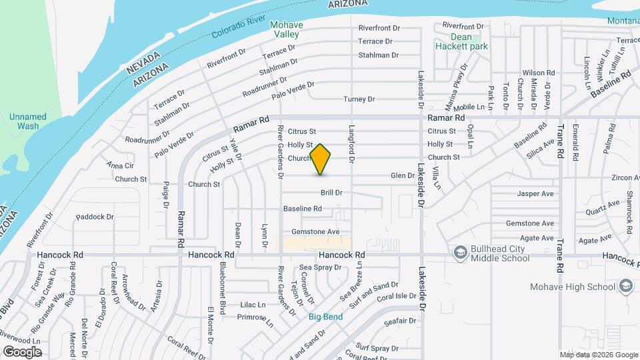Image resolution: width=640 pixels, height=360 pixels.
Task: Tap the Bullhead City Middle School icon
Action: click(460, 253)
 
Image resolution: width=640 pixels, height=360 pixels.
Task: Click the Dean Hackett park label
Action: click(461, 41)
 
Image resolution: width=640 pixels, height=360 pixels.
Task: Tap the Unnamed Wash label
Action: click(28, 121)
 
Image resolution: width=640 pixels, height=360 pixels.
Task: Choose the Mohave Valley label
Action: click(286, 29)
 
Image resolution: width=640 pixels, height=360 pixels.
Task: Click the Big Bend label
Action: click(326, 317)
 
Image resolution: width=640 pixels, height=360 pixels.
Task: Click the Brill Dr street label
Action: click(331, 193)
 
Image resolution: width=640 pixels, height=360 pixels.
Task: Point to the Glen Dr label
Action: click(402, 175)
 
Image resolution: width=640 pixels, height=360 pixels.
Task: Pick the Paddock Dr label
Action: click(95, 217)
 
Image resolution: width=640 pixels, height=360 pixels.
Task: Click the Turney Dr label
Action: click(359, 99)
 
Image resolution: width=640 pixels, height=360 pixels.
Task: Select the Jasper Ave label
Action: click(535, 194)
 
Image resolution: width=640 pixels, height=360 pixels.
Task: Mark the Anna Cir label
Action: click(120, 165)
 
